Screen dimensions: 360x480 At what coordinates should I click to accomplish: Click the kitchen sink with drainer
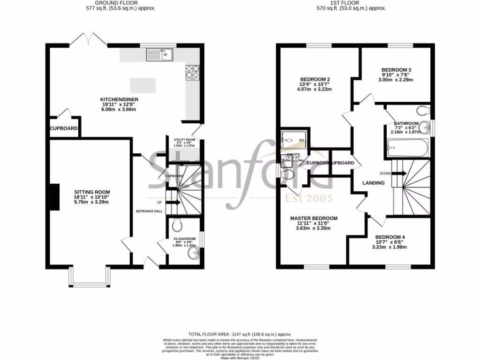click(161, 55)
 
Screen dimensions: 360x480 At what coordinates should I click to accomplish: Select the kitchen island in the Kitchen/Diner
click(142, 85)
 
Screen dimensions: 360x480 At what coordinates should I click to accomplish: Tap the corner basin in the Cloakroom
click(194, 254)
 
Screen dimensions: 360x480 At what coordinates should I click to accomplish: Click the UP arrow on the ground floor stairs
click(172, 202)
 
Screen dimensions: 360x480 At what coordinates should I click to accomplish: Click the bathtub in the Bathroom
click(407, 149)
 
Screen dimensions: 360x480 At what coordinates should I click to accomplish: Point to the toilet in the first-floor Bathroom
click(423, 110)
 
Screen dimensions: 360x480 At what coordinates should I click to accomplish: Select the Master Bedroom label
click(314, 218)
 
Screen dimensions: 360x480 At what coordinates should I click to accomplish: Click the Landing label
click(373, 183)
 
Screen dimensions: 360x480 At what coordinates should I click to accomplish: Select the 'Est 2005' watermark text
click(309, 199)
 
